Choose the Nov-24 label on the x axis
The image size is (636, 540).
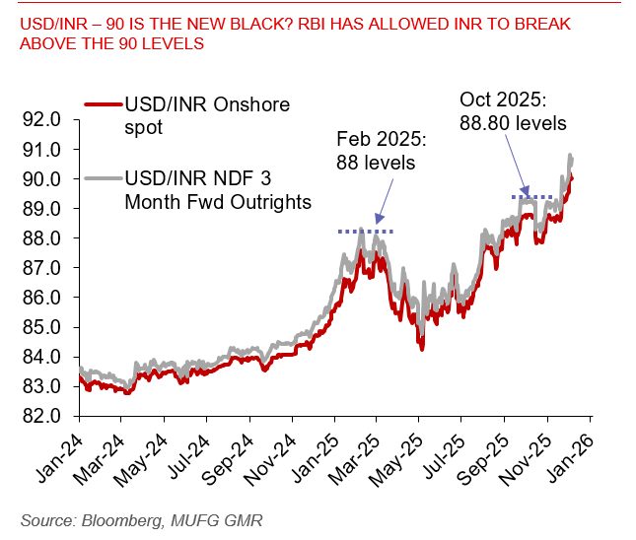point(272,455)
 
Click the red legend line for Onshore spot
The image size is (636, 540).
point(103,103)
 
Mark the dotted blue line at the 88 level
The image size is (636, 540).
point(366,232)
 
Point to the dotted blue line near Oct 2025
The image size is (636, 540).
point(536,197)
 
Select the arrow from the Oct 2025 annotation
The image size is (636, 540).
point(514,163)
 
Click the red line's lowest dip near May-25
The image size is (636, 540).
point(421,348)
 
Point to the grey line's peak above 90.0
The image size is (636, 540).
point(570,156)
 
